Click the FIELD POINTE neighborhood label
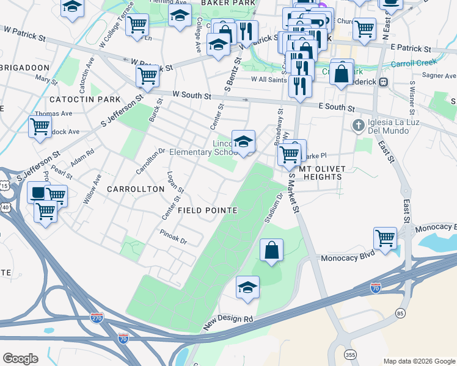coord(207,210)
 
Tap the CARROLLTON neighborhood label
coord(136,189)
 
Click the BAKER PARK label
coord(216,3)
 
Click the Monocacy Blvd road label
coord(346,259)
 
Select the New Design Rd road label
coord(228,319)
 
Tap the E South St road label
coord(337,107)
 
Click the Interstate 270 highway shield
coord(97,318)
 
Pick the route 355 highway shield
coord(349,354)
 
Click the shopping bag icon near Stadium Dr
coord(271,250)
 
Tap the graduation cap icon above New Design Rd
coord(247,287)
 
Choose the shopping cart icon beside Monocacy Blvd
coord(385,238)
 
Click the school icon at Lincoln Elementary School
coord(243,142)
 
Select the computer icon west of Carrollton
coord(38,193)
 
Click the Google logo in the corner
coord(20,359)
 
